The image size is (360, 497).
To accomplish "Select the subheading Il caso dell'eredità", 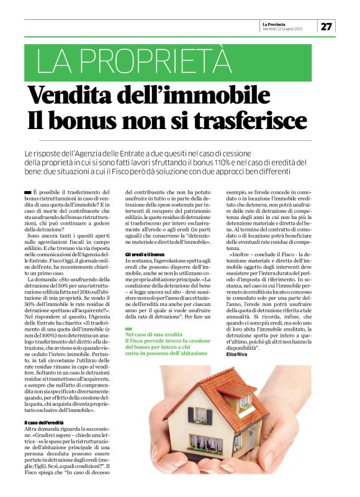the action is [42, 423].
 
